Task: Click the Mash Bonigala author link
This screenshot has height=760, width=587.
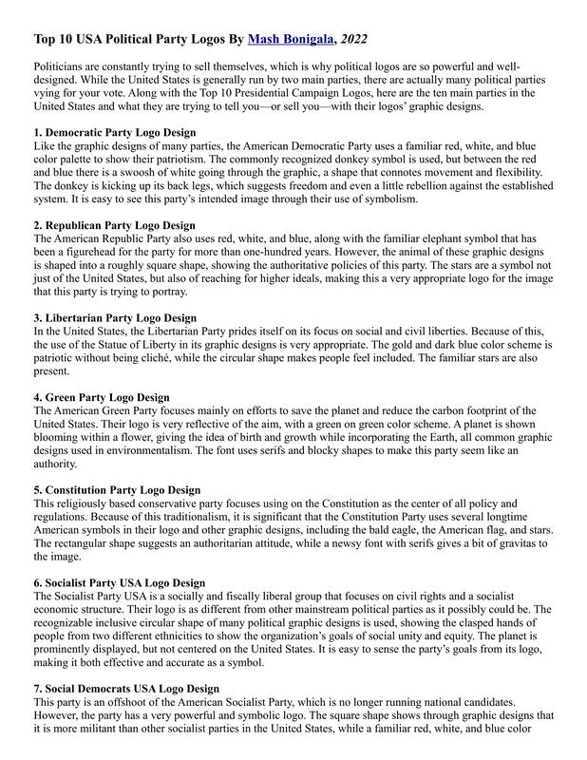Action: coord(290,40)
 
